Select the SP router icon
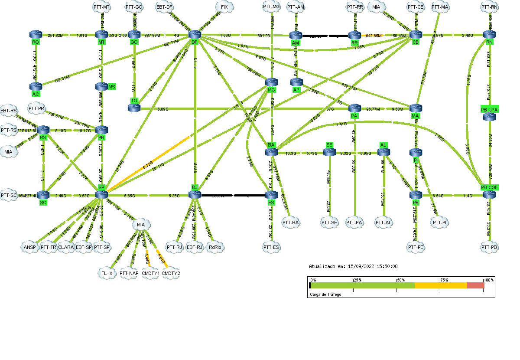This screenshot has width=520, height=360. pos(101,194)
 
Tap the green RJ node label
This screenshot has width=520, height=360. pos(195,187)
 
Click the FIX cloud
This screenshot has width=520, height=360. pos(224,7)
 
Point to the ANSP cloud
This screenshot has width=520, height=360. pos(29,247)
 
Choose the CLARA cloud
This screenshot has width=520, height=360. pos(66,247)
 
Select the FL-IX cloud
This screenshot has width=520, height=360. pos(106,273)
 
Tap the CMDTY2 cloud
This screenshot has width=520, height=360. pos(171,273)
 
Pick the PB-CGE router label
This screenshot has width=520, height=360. pos(490,187)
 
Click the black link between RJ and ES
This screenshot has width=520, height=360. pos(234,195)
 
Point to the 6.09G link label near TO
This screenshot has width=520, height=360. pos(162,109)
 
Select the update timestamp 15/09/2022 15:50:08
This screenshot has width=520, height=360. pos(353,266)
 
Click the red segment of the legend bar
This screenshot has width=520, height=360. pos(475,285)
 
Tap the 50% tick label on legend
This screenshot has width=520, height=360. pos(401,280)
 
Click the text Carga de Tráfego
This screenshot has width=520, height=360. pos(325,295)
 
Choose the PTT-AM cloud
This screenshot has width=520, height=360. pos(296,7)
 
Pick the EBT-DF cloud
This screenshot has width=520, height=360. pos(165,7)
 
